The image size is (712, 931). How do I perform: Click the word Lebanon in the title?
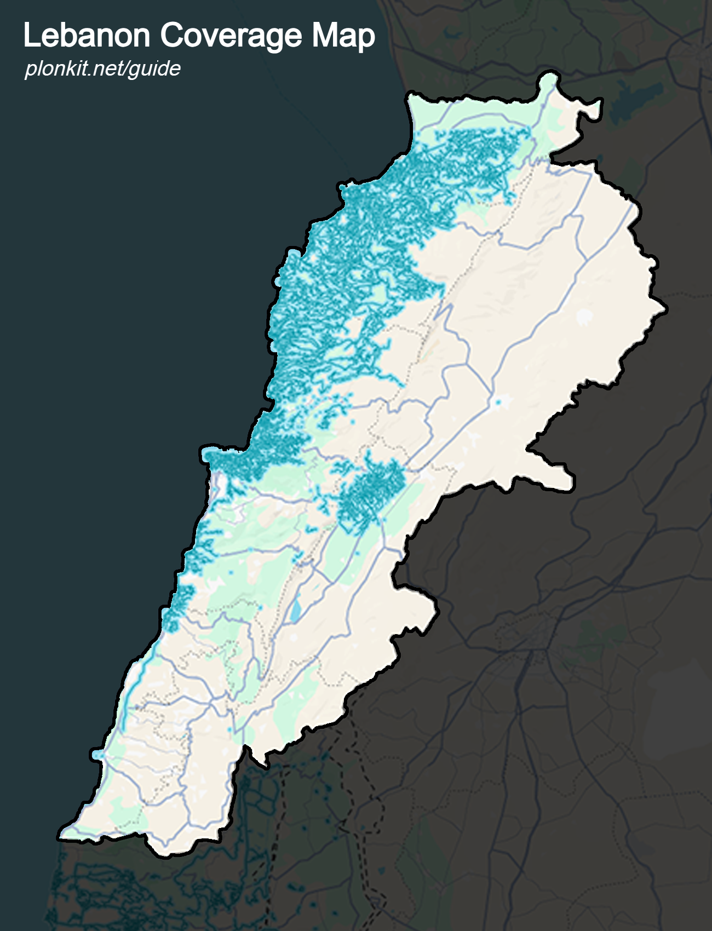click(x=87, y=36)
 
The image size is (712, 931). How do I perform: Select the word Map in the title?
click(x=343, y=36)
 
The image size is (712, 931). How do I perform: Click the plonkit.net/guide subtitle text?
click(x=102, y=68)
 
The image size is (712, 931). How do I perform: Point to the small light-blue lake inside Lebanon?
click(x=296, y=611)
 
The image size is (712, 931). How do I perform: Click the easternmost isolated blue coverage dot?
click(x=498, y=403)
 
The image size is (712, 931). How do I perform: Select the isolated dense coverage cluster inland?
click(x=372, y=490)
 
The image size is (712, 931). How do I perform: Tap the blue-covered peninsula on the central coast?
click(x=211, y=455)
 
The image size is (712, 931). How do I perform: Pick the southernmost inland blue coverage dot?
click(x=229, y=731)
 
